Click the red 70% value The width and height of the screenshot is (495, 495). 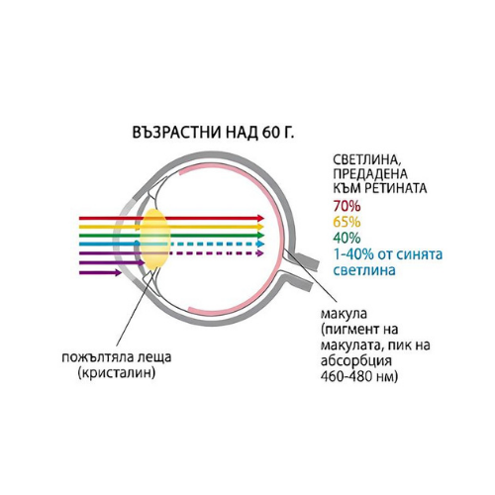click(x=346, y=206)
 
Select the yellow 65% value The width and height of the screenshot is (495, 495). click(x=346, y=222)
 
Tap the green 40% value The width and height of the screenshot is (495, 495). click(x=346, y=238)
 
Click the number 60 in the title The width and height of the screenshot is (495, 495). click(x=271, y=133)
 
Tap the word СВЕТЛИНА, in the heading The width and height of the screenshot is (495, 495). click(x=366, y=159)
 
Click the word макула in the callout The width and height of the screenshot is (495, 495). click(x=344, y=314)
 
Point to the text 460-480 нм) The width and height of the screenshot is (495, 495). click(x=359, y=376)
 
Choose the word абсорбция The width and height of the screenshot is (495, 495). click(x=356, y=361)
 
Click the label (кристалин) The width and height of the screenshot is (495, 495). click(x=117, y=373)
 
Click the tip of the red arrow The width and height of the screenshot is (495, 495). click(x=264, y=218)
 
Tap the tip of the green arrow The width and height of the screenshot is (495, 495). click(x=264, y=236)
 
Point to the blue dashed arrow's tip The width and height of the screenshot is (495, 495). click(x=264, y=245)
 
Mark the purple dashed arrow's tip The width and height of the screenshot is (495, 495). click(x=263, y=253)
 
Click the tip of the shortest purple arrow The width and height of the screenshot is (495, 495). click(x=121, y=273)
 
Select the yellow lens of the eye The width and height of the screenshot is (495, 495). click(x=155, y=239)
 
